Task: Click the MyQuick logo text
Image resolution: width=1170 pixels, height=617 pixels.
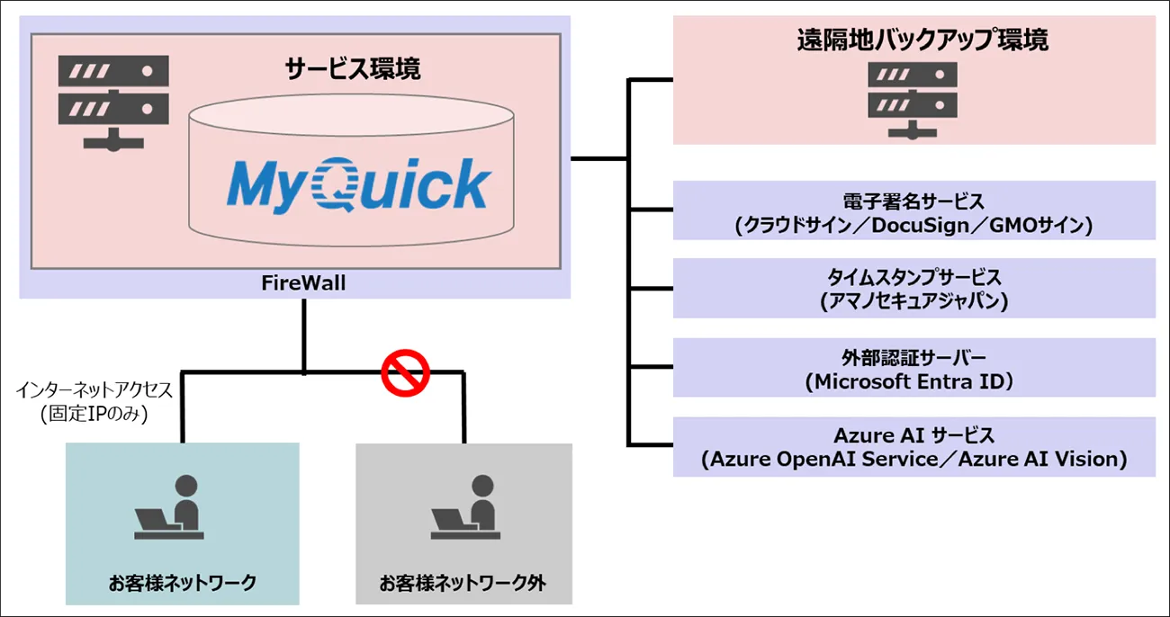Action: [356, 185]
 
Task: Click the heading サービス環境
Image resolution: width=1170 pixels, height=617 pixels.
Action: [353, 69]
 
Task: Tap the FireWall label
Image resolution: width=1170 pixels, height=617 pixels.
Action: [296, 284]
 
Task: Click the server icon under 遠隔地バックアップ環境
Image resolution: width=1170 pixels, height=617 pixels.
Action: [913, 100]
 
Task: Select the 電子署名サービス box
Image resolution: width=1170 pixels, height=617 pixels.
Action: [913, 210]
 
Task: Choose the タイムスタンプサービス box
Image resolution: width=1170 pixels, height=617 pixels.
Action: [913, 288]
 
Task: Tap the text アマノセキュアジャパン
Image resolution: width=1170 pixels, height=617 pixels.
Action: [913, 303]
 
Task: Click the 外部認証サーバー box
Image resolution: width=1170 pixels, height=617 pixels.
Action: [913, 367]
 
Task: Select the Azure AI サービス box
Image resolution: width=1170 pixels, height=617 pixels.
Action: [913, 446]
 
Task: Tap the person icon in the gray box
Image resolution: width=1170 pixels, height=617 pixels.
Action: [464, 509]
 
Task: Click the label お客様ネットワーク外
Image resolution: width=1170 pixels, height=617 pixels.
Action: [463, 583]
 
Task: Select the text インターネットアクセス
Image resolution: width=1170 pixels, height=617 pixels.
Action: [93, 391]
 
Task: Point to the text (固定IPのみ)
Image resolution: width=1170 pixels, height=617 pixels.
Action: [93, 415]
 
